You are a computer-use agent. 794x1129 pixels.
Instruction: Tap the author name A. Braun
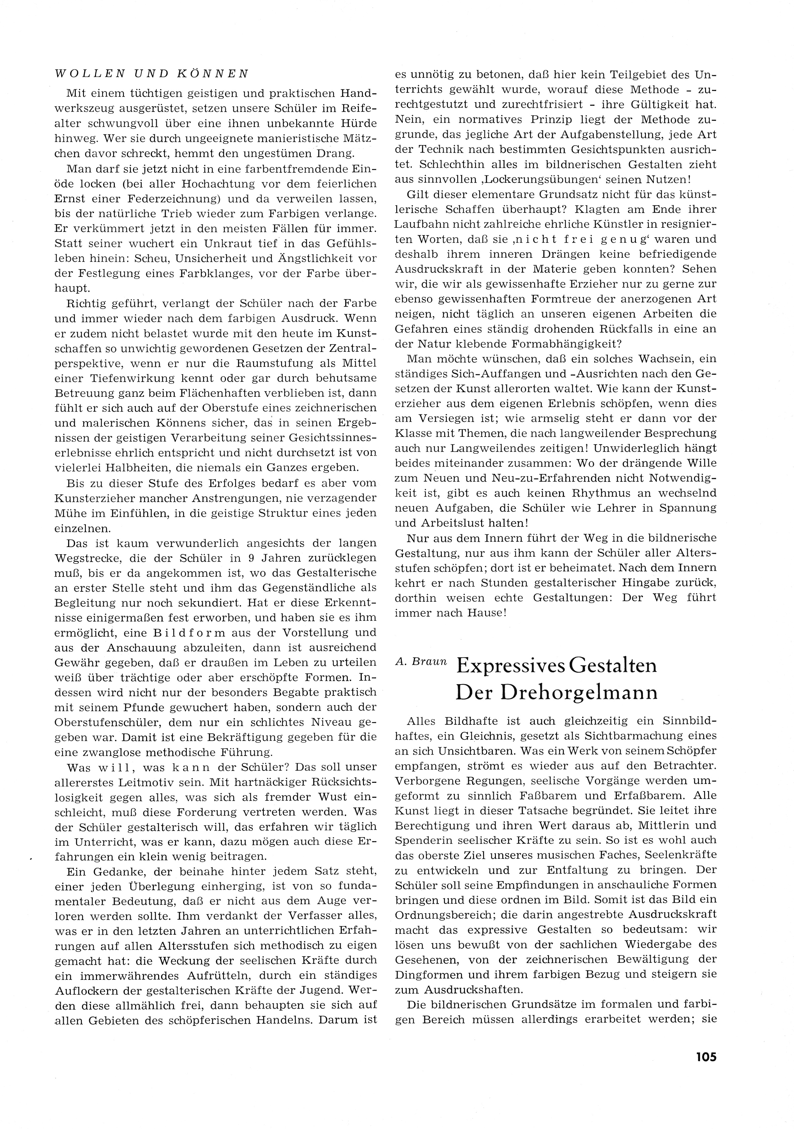(x=422, y=662)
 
